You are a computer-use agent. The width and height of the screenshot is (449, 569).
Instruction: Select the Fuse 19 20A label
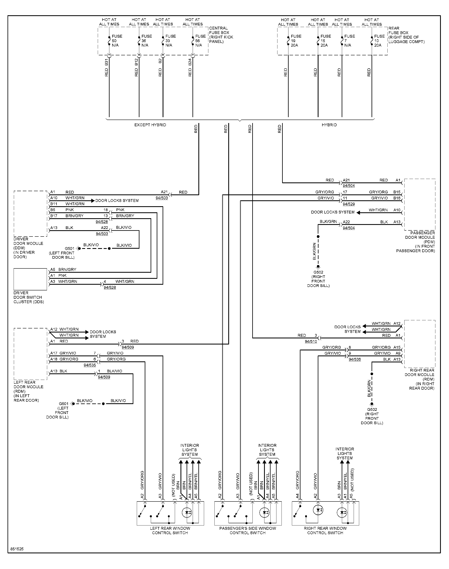[x=296, y=41]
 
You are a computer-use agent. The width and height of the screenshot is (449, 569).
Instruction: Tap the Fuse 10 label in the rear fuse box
[x=379, y=41]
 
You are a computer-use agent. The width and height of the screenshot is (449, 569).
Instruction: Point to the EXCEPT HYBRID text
[x=150, y=125]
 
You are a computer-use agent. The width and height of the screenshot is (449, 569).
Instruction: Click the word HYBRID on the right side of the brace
[x=329, y=125]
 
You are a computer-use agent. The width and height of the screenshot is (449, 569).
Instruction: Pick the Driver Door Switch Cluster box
[x=30, y=279]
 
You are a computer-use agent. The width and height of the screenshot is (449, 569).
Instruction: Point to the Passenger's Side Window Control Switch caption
[x=248, y=531]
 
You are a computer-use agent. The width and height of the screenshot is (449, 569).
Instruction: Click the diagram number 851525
[x=17, y=549]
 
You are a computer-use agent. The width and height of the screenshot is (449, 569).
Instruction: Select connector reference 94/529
[x=349, y=204]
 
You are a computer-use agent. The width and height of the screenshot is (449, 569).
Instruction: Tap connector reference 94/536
[x=355, y=359]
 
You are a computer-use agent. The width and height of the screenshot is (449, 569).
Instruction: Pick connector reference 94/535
[x=90, y=365]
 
